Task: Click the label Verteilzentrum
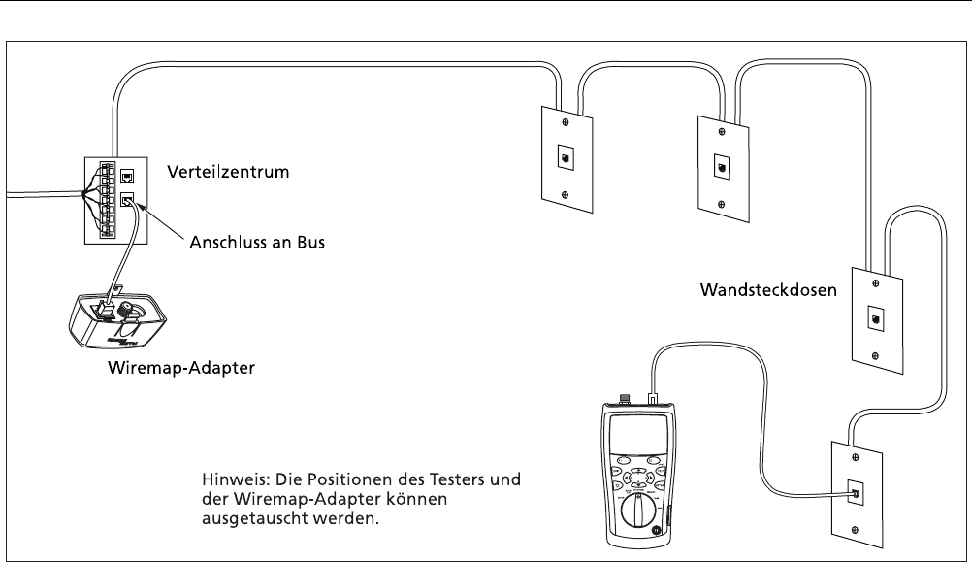pyautogui.click(x=228, y=172)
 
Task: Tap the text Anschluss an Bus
pyautogui.click(x=257, y=242)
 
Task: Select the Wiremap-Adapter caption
pyautogui.click(x=181, y=368)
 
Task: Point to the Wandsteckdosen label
pyautogui.click(x=768, y=290)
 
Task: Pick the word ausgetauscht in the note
pyautogui.click(x=255, y=518)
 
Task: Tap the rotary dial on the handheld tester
pyautogui.click(x=638, y=513)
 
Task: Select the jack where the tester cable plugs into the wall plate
pyautogui.click(x=856, y=492)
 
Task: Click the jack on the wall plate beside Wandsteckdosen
pyautogui.click(x=875, y=320)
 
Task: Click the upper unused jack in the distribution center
pyautogui.click(x=127, y=177)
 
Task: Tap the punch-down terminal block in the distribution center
pyautogui.click(x=108, y=200)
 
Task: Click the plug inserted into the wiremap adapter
pyautogui.click(x=103, y=308)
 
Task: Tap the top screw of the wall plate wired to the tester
pyautogui.click(x=856, y=457)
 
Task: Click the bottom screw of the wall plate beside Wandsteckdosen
pyautogui.click(x=875, y=356)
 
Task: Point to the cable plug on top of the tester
pyautogui.click(x=652, y=398)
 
